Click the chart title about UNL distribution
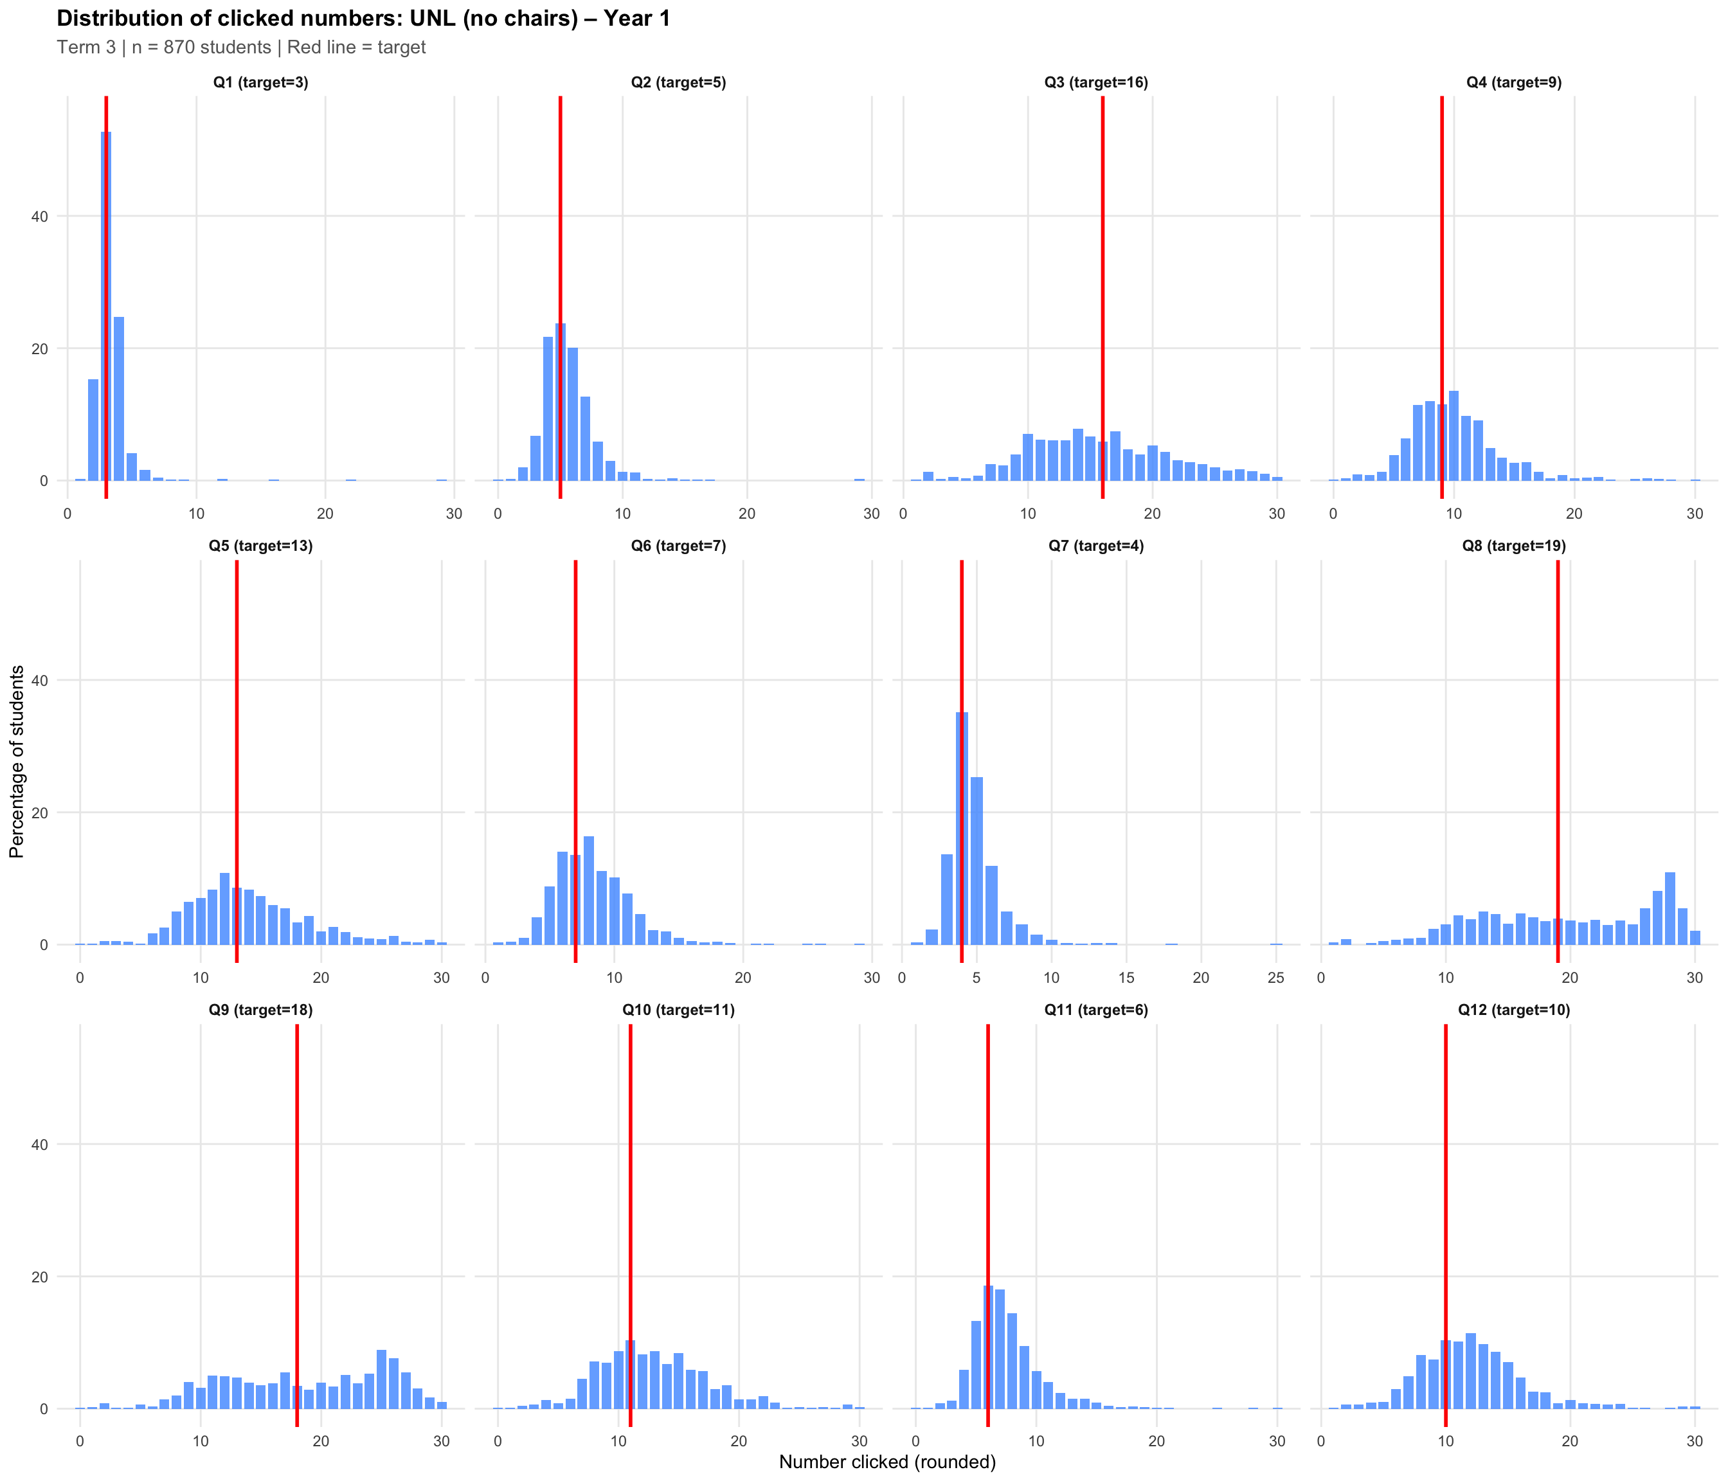(x=364, y=19)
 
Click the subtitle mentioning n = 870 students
(x=241, y=48)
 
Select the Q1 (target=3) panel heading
(x=260, y=82)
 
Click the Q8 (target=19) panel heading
(x=1514, y=546)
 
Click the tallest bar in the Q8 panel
(x=1670, y=908)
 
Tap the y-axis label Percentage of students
(x=17, y=761)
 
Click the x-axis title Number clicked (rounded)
(x=887, y=1462)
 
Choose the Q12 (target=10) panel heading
(x=1514, y=1010)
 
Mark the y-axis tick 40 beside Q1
(x=40, y=217)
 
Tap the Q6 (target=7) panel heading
(x=678, y=546)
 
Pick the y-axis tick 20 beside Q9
(x=40, y=1277)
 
